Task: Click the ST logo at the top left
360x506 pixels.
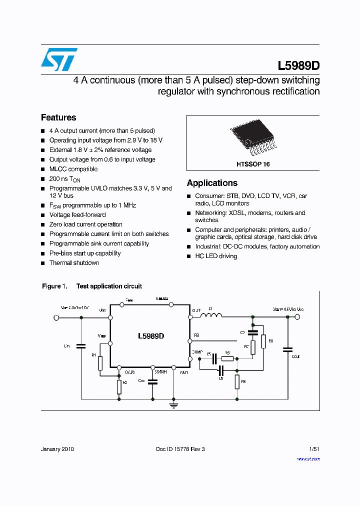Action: (x=59, y=59)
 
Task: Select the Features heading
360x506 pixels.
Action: (x=58, y=117)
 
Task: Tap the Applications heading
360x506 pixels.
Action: (x=212, y=183)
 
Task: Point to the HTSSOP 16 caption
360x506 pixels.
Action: (x=253, y=164)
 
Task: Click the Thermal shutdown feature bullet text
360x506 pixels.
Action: (x=74, y=263)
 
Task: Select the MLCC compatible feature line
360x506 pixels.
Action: (x=73, y=169)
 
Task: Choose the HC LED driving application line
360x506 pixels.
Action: (x=216, y=256)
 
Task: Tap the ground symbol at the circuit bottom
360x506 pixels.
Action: (x=173, y=405)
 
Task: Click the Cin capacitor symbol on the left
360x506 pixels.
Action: (x=80, y=345)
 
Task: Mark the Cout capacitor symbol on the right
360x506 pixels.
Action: (x=287, y=349)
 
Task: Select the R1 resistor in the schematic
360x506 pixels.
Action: (x=100, y=363)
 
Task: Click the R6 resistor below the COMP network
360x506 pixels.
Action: (x=237, y=382)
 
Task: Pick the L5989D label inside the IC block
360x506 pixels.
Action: (x=150, y=336)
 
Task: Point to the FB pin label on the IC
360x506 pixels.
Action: (x=196, y=334)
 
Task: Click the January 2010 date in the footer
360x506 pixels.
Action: (x=57, y=449)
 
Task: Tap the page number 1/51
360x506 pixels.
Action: (x=314, y=449)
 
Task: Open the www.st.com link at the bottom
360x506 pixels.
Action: (x=308, y=458)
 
